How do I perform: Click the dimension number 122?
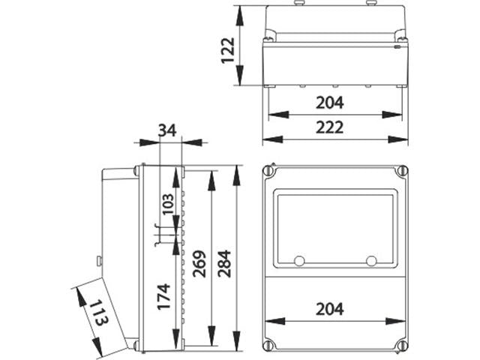pyautogui.click(x=228, y=46)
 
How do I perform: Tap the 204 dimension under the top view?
pyautogui.click(x=330, y=103)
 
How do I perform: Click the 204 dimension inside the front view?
pyautogui.click(x=330, y=308)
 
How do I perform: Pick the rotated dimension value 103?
pyautogui.click(x=168, y=204)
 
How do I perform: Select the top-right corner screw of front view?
pyautogui.click(x=401, y=172)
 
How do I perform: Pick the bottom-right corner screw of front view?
pyautogui.click(x=401, y=346)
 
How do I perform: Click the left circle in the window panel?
pyautogui.click(x=299, y=260)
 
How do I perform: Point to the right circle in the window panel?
pyautogui.click(x=370, y=260)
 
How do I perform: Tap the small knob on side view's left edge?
pyautogui.click(x=99, y=261)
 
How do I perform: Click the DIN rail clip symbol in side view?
pyautogui.click(x=160, y=235)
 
